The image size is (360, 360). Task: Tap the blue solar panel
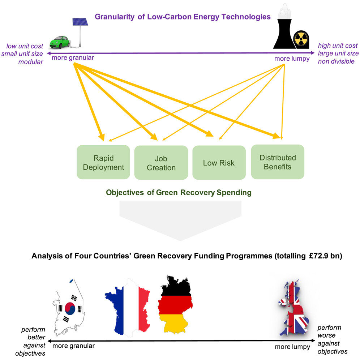tap(81, 22)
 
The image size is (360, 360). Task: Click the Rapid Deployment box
tap(103, 162)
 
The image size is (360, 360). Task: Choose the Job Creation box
tap(161, 163)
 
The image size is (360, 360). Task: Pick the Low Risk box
tap(219, 163)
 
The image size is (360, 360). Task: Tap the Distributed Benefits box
tap(277, 162)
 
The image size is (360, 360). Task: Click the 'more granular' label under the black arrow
tap(73, 346)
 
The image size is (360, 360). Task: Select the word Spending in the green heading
tap(233, 192)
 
